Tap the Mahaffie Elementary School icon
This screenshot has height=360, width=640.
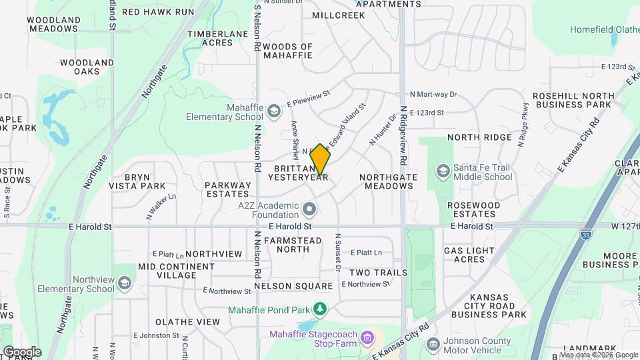click(274, 111)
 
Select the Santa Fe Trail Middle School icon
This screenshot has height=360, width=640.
click(443, 171)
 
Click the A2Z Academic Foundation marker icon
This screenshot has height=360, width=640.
click(309, 210)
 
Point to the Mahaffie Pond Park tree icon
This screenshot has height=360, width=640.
click(321, 309)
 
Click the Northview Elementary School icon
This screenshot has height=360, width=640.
click(124, 284)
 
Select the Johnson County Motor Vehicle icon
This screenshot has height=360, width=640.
click(433, 345)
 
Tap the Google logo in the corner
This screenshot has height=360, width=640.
click(22, 351)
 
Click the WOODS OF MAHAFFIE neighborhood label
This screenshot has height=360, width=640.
click(288, 51)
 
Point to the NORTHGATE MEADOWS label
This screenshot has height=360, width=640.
click(389, 181)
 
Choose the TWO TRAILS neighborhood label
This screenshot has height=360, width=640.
click(378, 273)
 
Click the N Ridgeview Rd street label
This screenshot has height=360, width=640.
click(403, 135)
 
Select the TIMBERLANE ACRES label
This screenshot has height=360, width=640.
click(210, 38)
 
